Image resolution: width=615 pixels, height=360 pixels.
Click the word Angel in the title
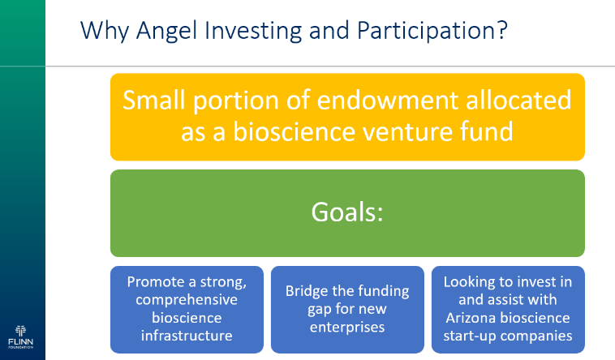tap(166, 31)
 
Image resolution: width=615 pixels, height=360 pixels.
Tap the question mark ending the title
tap(502, 29)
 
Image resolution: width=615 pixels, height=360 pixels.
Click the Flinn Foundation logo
tap(21, 336)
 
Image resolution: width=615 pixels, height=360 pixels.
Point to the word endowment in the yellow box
tap(387, 100)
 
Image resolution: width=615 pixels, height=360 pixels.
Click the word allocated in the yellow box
tap(518, 100)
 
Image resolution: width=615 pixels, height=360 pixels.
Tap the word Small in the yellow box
tap(154, 100)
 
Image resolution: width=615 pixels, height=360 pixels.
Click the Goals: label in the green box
tap(347, 212)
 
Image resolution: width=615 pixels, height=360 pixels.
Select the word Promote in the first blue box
tap(156, 282)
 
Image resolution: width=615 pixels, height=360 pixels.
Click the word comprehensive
tap(187, 300)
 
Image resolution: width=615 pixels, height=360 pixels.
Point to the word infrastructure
tap(187, 336)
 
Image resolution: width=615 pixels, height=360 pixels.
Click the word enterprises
tap(347, 328)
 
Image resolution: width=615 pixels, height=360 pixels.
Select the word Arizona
tap(471, 318)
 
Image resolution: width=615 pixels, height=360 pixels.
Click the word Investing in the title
tap(253, 31)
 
